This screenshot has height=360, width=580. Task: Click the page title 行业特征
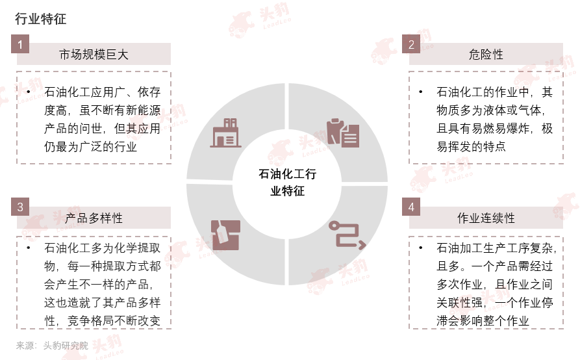[40, 19]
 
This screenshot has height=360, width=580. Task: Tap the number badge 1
[21, 45]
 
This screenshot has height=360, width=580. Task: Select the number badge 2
[411, 45]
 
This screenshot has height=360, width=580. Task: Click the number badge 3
[21, 207]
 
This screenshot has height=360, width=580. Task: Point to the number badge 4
[411, 207]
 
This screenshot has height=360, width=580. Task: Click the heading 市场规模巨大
[94, 55]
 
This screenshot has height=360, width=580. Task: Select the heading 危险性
[485, 55]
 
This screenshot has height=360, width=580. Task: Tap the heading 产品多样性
[94, 218]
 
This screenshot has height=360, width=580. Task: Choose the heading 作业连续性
[485, 218]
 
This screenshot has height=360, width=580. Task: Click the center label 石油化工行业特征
[288, 182]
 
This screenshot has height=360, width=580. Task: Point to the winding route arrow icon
[346, 235]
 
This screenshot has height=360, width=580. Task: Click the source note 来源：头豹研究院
[52, 346]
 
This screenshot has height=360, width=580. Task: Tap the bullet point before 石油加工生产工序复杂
[421, 249]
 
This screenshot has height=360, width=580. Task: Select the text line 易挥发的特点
[472, 147]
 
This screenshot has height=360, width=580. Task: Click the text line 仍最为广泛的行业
[90, 147]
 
